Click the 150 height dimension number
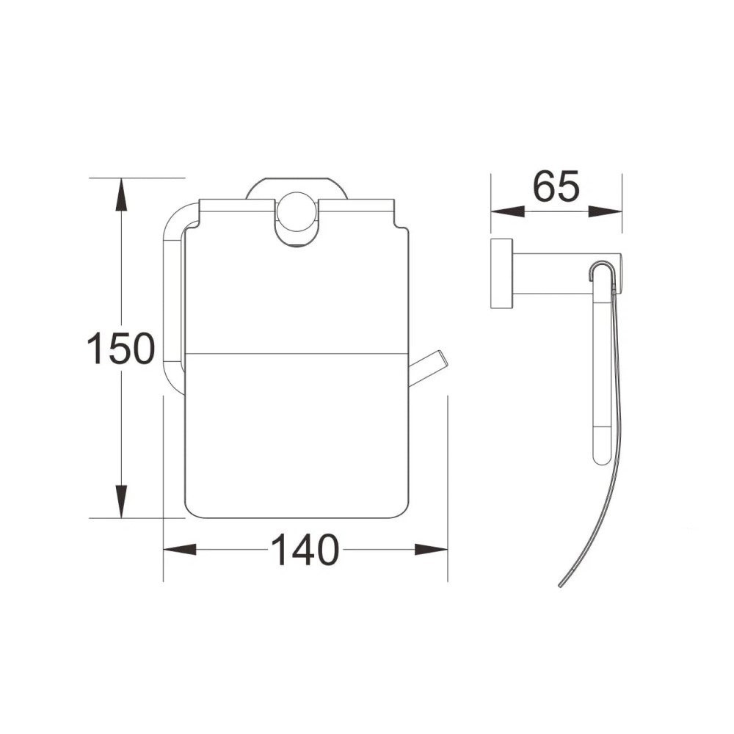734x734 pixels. pyautogui.click(x=121, y=349)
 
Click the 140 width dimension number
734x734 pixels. pyautogui.click(x=305, y=550)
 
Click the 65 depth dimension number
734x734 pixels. pyautogui.click(x=556, y=186)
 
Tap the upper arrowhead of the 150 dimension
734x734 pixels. pyautogui.click(x=121, y=194)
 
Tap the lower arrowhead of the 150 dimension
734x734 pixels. pyautogui.click(x=121, y=501)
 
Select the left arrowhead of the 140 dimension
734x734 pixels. pyautogui.click(x=179, y=550)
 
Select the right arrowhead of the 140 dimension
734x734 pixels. pyautogui.click(x=431, y=550)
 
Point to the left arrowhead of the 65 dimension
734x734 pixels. pyautogui.click(x=507, y=211)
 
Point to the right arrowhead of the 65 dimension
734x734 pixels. pyautogui.click(x=606, y=211)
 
